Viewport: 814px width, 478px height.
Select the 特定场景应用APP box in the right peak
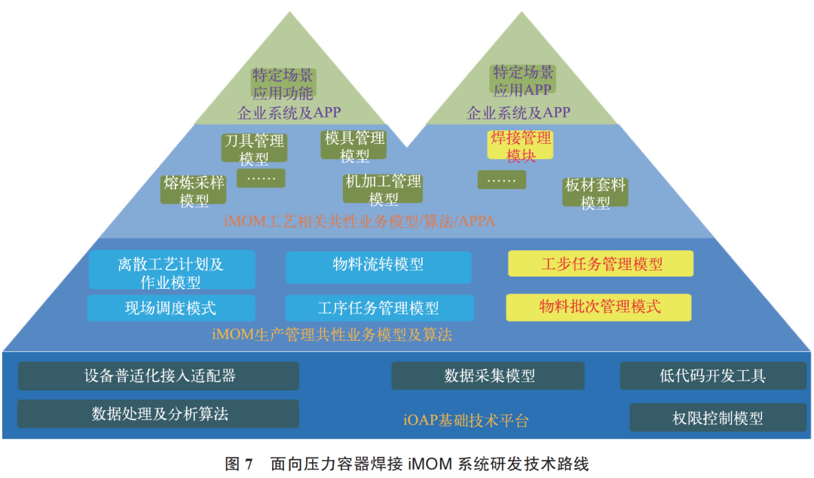[x=523, y=81]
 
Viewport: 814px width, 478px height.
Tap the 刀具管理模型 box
[x=254, y=149]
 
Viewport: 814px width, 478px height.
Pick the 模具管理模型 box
[x=354, y=146]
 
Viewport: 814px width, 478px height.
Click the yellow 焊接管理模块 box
[x=520, y=146]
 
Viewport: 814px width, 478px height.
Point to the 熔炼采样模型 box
[x=194, y=191]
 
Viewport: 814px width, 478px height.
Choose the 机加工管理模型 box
[x=383, y=189]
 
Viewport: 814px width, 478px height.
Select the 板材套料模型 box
[x=595, y=193]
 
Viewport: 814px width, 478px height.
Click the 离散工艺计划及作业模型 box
[x=171, y=271]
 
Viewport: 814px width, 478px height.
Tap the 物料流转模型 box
[x=378, y=265]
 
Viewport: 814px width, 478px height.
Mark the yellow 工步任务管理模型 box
[x=601, y=264]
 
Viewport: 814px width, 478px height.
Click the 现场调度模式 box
[x=171, y=308]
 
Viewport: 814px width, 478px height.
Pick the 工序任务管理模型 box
[x=378, y=308]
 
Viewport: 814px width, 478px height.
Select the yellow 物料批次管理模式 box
[x=598, y=307]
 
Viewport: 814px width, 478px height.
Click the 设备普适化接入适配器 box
[x=159, y=375]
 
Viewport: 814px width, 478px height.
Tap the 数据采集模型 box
[x=488, y=375]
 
